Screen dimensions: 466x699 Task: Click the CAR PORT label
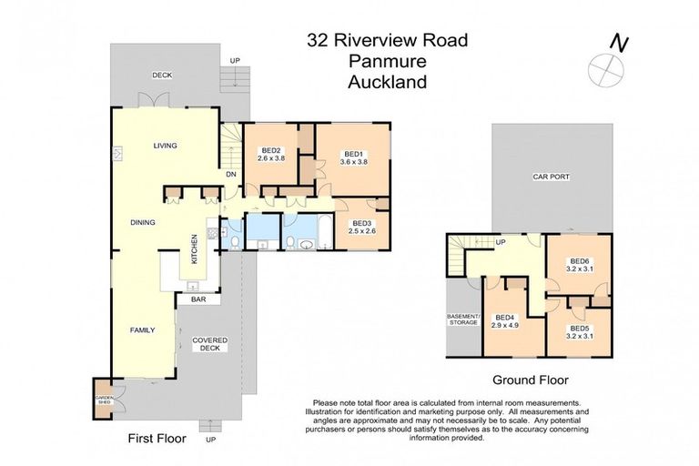pyautogui.click(x=552, y=177)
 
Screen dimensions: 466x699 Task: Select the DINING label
pyautogui.click(x=142, y=222)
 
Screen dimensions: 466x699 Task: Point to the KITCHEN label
pyautogui.click(x=194, y=249)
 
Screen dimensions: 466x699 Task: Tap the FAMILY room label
pyautogui.click(x=142, y=330)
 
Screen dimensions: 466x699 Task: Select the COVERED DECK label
pyautogui.click(x=209, y=344)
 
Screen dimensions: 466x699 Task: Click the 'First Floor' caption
pyautogui.click(x=157, y=439)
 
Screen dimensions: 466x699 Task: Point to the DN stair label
pyautogui.click(x=231, y=175)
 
